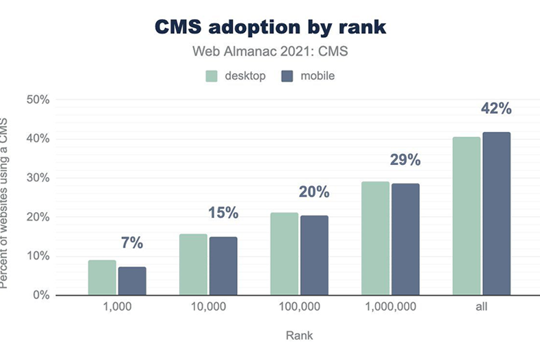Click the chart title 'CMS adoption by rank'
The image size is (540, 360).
tap(270, 27)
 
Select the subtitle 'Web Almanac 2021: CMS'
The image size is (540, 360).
tap(270, 51)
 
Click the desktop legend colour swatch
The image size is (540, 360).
tap(211, 76)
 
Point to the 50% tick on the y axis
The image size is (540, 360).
tap(38, 100)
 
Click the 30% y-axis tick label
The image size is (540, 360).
tap(38, 178)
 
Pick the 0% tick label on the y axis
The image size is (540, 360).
tap(41, 296)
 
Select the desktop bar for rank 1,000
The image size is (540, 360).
tap(102, 278)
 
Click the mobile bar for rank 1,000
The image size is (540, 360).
tap(132, 281)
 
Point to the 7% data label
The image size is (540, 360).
tap(131, 243)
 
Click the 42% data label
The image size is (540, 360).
tap(496, 109)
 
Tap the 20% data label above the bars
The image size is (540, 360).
tap(314, 192)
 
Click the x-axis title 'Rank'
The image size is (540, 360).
tap(299, 336)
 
